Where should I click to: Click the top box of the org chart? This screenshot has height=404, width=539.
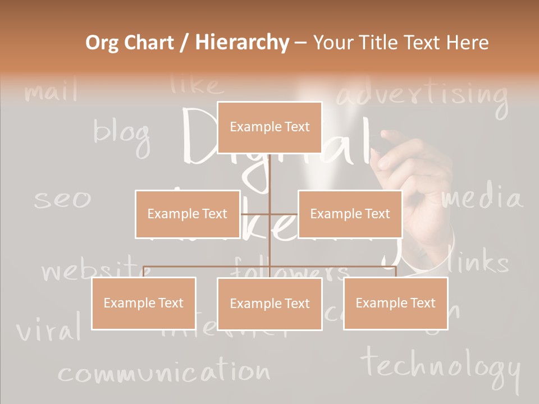269,127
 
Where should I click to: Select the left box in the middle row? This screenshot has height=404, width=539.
188,214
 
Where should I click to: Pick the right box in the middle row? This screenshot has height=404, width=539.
350,214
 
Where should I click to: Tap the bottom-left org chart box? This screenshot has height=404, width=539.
144,303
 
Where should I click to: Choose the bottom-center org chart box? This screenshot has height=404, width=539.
269,304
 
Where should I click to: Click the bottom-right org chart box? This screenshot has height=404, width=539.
395,303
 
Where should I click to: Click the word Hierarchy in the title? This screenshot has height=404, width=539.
242,43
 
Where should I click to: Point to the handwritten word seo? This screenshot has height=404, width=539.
62,199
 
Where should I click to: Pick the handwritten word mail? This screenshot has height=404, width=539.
51,91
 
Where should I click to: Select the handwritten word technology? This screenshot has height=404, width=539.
441,365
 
